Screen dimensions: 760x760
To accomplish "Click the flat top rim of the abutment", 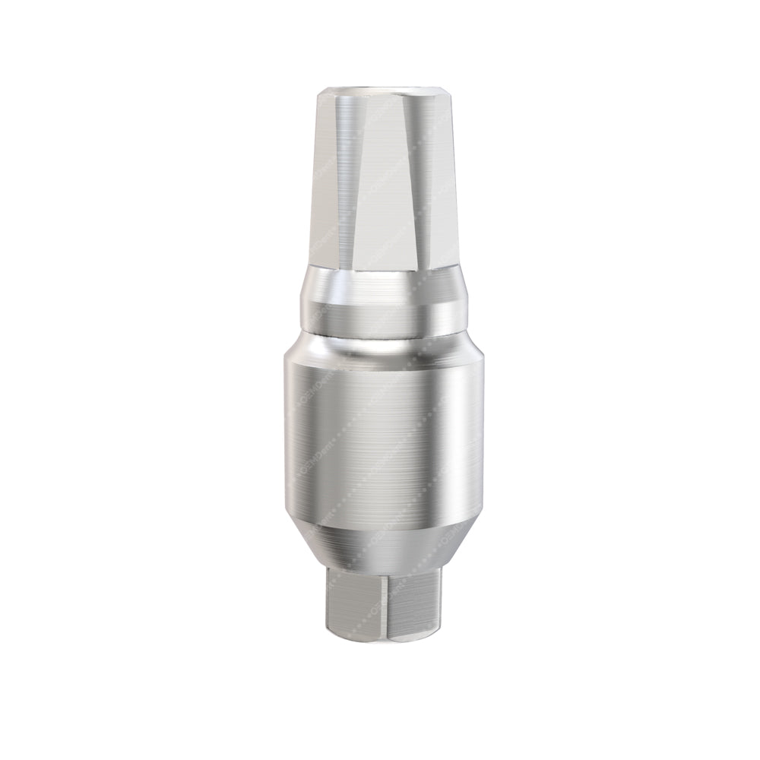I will [x=380, y=92].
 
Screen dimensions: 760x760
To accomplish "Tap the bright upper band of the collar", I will [x=380, y=289].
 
